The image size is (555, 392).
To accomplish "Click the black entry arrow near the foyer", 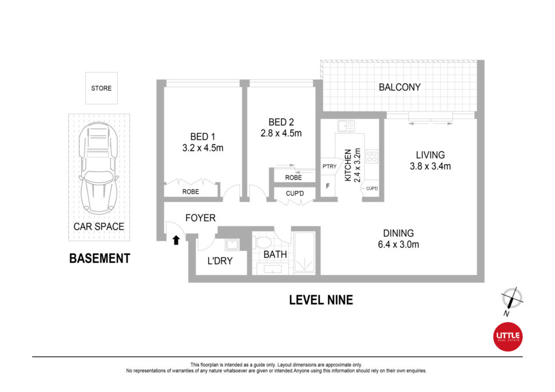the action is click(176, 241).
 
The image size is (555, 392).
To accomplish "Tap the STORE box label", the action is click(101, 89).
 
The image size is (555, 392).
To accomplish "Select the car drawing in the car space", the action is click(99, 168).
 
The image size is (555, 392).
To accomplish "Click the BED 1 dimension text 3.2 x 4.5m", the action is click(203, 148).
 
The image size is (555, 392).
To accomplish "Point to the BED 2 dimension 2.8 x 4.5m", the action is click(281, 133).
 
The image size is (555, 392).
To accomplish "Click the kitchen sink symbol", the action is click(346, 126).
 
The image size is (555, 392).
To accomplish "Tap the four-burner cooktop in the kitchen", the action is click(372, 156).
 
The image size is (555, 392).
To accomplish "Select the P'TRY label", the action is click(329, 166).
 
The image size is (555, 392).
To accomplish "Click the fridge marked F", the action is click(328, 186).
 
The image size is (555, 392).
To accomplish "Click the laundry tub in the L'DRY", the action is click(232, 244).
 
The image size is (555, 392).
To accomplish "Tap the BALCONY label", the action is click(399, 87).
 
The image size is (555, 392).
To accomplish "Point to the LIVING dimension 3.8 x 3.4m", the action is click(430, 166).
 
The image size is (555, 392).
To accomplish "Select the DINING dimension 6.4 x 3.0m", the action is click(399, 245).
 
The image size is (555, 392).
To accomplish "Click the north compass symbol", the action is click(512, 299).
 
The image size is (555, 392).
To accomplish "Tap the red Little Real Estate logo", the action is click(508, 337).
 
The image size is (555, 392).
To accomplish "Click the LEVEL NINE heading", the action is click(321, 300).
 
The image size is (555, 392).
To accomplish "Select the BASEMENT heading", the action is click(100, 258).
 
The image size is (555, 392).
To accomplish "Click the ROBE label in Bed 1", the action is click(191, 191).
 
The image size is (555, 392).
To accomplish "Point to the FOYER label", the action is click(200, 218).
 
